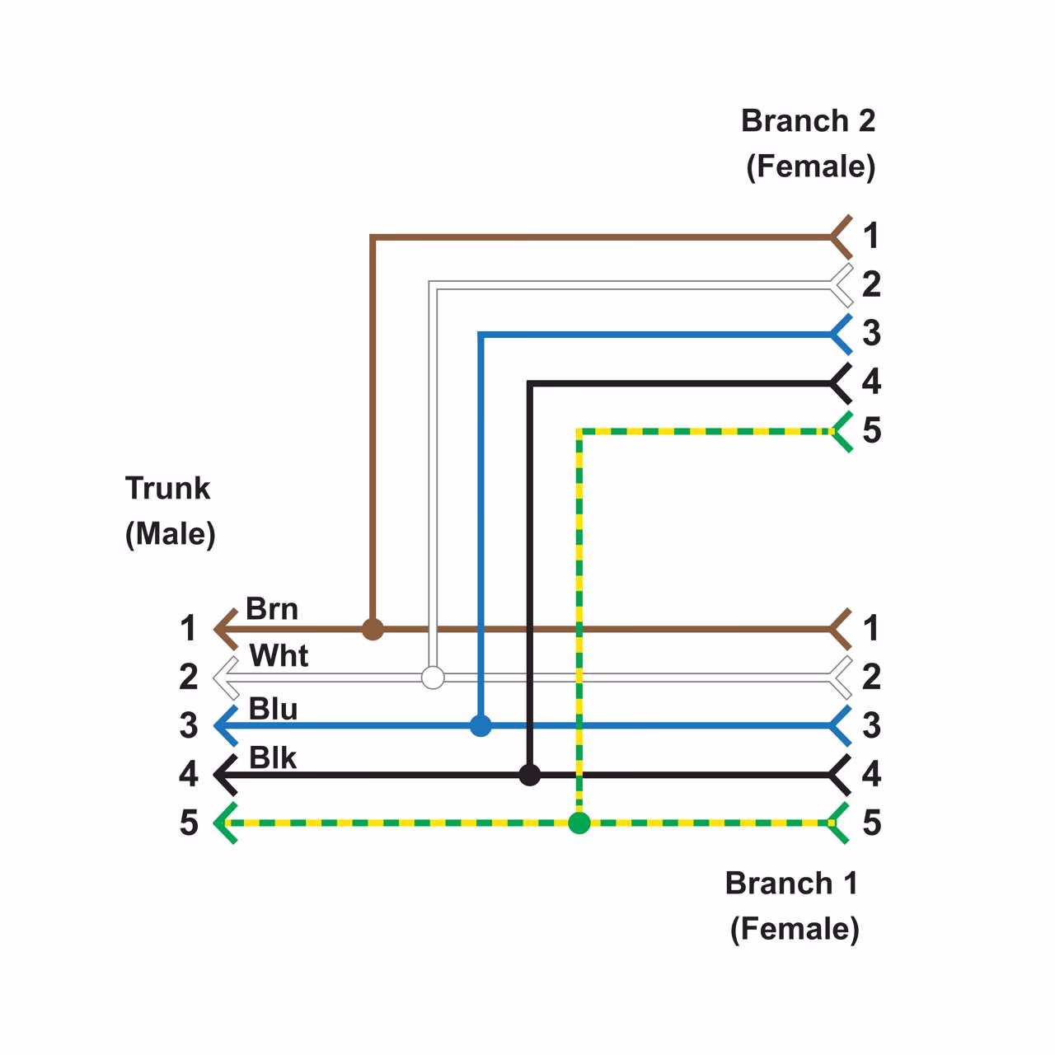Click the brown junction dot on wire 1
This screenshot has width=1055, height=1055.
[x=373, y=630]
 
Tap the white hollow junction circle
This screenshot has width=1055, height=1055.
[x=433, y=678]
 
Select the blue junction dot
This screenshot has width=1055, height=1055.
[x=481, y=726]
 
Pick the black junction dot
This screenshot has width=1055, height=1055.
[x=530, y=775]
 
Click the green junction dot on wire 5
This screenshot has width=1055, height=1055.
[x=579, y=823]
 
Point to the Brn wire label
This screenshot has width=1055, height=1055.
[x=272, y=609]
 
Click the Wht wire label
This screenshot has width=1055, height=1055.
[x=279, y=656]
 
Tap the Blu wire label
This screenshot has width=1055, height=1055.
[x=273, y=709]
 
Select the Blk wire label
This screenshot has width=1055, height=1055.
[x=272, y=757]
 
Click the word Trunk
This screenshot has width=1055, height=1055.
[x=168, y=488]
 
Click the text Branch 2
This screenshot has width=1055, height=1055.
[x=808, y=121]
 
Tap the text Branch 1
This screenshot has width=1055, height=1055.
[x=791, y=884]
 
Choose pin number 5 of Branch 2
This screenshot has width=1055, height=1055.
[x=871, y=430]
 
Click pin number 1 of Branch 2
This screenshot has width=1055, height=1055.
[x=870, y=237]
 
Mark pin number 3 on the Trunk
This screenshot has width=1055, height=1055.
[x=189, y=725]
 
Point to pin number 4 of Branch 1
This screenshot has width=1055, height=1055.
[x=871, y=774]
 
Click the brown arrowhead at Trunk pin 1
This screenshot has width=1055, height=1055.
[x=225, y=630]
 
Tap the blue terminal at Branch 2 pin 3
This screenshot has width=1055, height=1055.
[x=841, y=335]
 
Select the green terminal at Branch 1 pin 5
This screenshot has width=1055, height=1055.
[x=840, y=823]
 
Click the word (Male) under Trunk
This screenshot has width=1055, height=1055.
[x=171, y=534]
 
